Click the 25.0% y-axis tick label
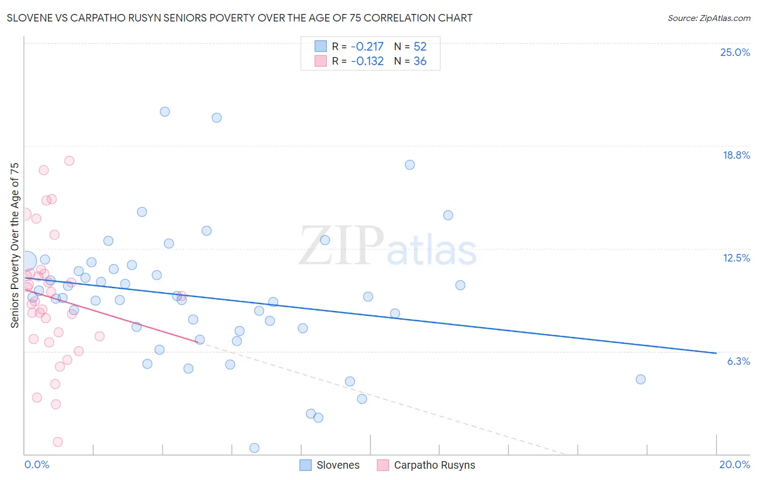735,52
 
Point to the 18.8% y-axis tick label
736,155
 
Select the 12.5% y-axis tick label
736,258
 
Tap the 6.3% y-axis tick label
738,361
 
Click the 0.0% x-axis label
37,464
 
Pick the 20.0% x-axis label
734,464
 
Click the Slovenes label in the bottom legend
338,465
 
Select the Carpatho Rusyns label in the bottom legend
434,465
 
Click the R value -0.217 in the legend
367,47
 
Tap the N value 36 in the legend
420,61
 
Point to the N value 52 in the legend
420,47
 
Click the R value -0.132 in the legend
367,61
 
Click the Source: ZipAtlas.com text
709,18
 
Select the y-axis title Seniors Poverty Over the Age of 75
15,245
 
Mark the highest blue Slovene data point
165,111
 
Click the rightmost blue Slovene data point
640,379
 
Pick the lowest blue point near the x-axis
255,448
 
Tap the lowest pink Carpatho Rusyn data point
58,442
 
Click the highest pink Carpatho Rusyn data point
69,160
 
